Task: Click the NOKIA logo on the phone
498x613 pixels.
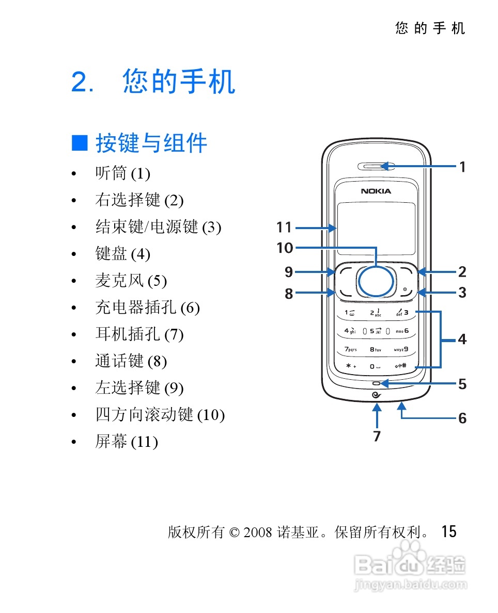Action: coord(376,191)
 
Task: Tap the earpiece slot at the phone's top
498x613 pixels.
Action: coord(376,166)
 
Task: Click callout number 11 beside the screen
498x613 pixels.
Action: coord(284,227)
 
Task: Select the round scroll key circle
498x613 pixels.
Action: coord(376,281)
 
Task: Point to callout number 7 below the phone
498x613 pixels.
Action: coord(377,436)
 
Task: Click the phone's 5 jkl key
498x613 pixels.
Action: coord(376,331)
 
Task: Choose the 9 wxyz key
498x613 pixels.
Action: coord(401,349)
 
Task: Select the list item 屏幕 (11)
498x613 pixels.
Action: coord(126,442)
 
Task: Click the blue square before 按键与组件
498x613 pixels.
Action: coord(80,143)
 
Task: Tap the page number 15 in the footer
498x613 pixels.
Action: coord(449,531)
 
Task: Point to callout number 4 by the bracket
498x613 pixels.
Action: coord(462,340)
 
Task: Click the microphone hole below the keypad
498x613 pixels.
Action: coord(376,383)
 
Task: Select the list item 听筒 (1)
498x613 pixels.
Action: coord(122,173)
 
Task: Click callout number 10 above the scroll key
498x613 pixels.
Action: coord(285,248)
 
